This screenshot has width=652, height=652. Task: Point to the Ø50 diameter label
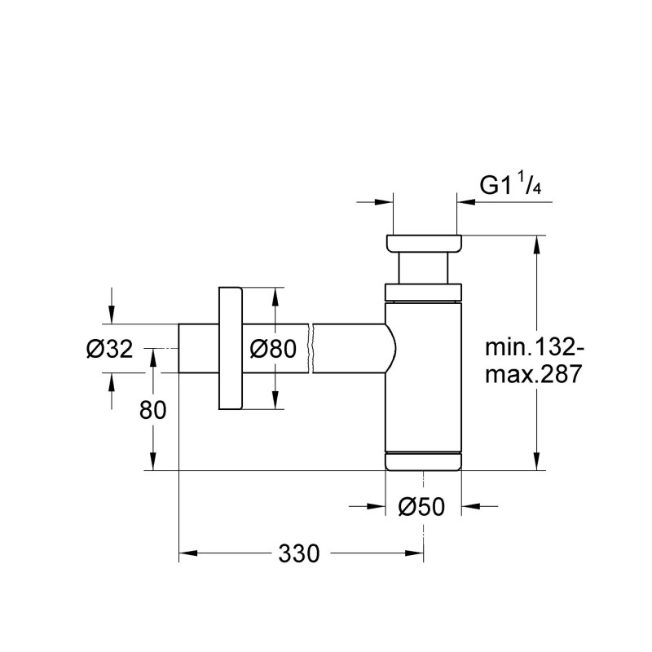click(x=421, y=507)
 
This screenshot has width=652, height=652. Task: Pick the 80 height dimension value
click(x=152, y=410)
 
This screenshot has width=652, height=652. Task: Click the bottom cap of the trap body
click(x=424, y=461)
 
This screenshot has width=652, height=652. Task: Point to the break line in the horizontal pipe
click(x=311, y=348)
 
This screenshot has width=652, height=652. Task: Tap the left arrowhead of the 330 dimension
click(x=187, y=554)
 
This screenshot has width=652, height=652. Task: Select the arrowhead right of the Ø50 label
click(x=471, y=507)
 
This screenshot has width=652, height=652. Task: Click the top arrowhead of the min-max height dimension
click(x=536, y=244)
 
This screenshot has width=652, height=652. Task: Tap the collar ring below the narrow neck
click(x=424, y=291)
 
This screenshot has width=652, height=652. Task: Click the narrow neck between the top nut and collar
click(x=424, y=268)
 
